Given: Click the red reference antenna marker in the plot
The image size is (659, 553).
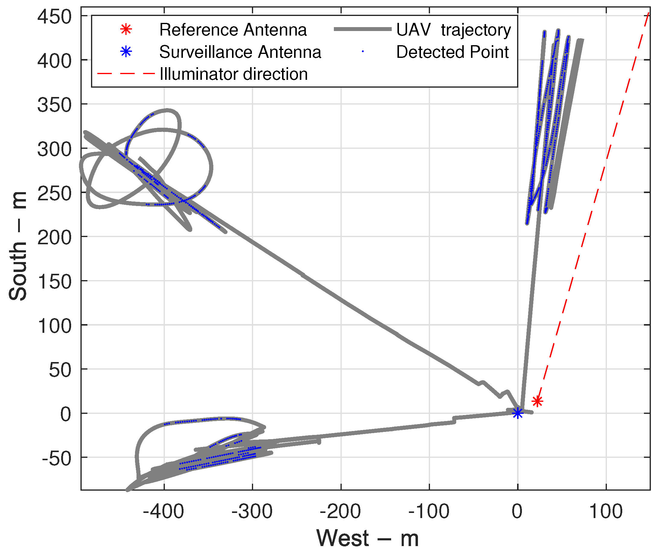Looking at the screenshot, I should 538,401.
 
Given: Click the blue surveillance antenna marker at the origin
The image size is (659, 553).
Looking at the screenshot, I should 518,414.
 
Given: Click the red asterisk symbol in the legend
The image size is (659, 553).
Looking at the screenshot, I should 126,30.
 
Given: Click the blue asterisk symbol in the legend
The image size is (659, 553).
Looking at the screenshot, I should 126,52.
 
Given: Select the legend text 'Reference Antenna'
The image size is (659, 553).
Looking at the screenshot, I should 233,30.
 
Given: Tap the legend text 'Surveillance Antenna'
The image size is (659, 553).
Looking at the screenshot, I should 240,52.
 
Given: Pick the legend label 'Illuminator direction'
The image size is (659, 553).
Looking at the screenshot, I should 234,74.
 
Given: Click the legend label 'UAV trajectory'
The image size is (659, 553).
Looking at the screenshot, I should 454,30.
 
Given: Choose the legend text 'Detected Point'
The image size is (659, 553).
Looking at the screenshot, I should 453,52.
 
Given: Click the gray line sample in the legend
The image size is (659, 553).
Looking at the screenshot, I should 363,30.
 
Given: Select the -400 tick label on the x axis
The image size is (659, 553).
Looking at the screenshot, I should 163,512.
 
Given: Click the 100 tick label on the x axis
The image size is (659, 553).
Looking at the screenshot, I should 606,512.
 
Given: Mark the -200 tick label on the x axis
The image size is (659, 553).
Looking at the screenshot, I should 340,512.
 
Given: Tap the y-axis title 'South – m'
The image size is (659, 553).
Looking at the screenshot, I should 17,246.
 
